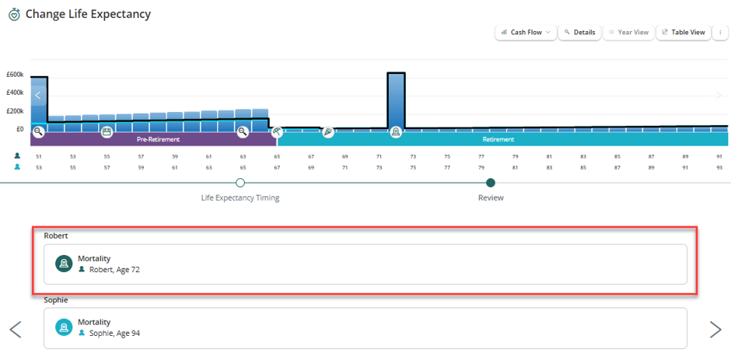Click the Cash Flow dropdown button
tap(526, 33)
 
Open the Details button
tap(579, 33)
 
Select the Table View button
tap(684, 33)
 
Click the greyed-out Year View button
tap(628, 33)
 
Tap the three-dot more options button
tap(720, 33)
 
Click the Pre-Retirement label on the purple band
tap(158, 139)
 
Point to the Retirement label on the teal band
tap(498, 139)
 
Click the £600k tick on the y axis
tap(15, 75)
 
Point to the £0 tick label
tap(19, 129)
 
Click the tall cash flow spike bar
tap(397, 101)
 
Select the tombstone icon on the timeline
tap(397, 132)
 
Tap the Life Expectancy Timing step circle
tap(240, 183)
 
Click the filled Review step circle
tap(491, 183)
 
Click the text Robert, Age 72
tap(114, 269)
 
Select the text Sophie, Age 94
tap(114, 333)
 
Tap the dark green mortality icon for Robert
tap(64, 264)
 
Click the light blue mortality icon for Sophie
tap(64, 327)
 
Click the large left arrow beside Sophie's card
tap(16, 329)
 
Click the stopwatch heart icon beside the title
tap(15, 15)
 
